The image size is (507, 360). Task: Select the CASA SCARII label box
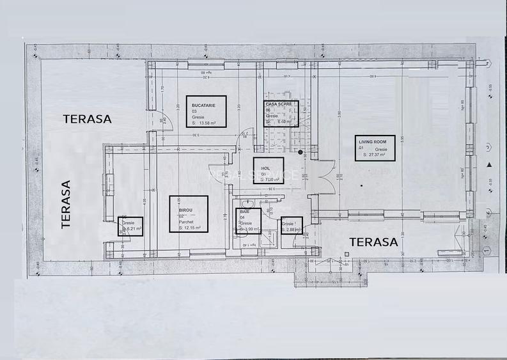pyautogui.click(x=282, y=114)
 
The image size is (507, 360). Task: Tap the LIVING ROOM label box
pyautogui.click(x=375, y=148)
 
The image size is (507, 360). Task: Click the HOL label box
pyautogui.click(x=269, y=171)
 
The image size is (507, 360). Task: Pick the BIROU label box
pyautogui.click(x=189, y=213)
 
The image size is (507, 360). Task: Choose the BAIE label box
pyautogui.click(x=248, y=221)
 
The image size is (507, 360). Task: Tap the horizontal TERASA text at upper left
pyautogui.click(x=87, y=119)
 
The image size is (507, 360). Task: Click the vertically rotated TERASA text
pyautogui.click(x=65, y=204)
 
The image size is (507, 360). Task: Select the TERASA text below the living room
pyautogui.click(x=374, y=243)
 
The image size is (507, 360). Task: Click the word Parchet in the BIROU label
pyautogui.click(x=187, y=223)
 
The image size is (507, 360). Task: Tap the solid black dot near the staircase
pyautogui.click(x=300, y=152)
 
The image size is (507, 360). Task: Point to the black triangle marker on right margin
pyautogui.click(x=489, y=166)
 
